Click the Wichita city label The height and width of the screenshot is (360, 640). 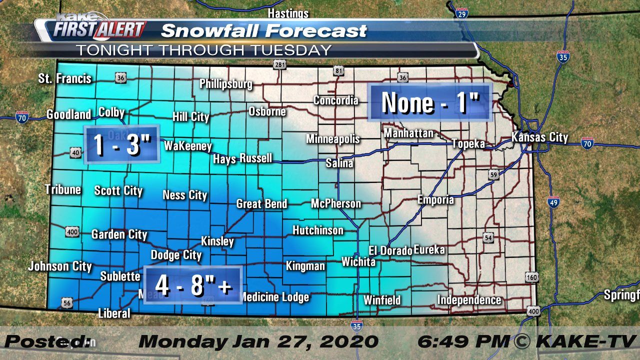coord(358,261)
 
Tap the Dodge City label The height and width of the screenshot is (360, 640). coord(176,255)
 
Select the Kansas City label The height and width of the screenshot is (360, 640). coord(539,137)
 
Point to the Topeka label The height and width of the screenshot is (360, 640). coord(468,144)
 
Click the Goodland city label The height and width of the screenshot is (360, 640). coord(68,114)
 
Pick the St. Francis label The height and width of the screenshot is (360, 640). coord(65,78)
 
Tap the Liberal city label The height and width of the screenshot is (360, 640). coord(114,313)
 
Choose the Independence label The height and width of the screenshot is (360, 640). coord(469,300)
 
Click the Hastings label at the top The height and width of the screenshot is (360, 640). coord(288,13)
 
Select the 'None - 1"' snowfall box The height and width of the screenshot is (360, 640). coord(430,102)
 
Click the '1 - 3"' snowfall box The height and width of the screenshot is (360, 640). coord(122,144)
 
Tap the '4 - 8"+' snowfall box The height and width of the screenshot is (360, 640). coord(193,285)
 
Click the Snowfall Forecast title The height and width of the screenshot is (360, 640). coord(263,31)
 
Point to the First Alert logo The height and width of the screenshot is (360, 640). coord(97,29)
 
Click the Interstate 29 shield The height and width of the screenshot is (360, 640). coord(461,13)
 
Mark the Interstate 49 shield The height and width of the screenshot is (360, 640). coord(553,202)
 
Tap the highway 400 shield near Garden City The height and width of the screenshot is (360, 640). coord(71,231)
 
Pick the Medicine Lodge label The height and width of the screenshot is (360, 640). coord(274,297)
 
